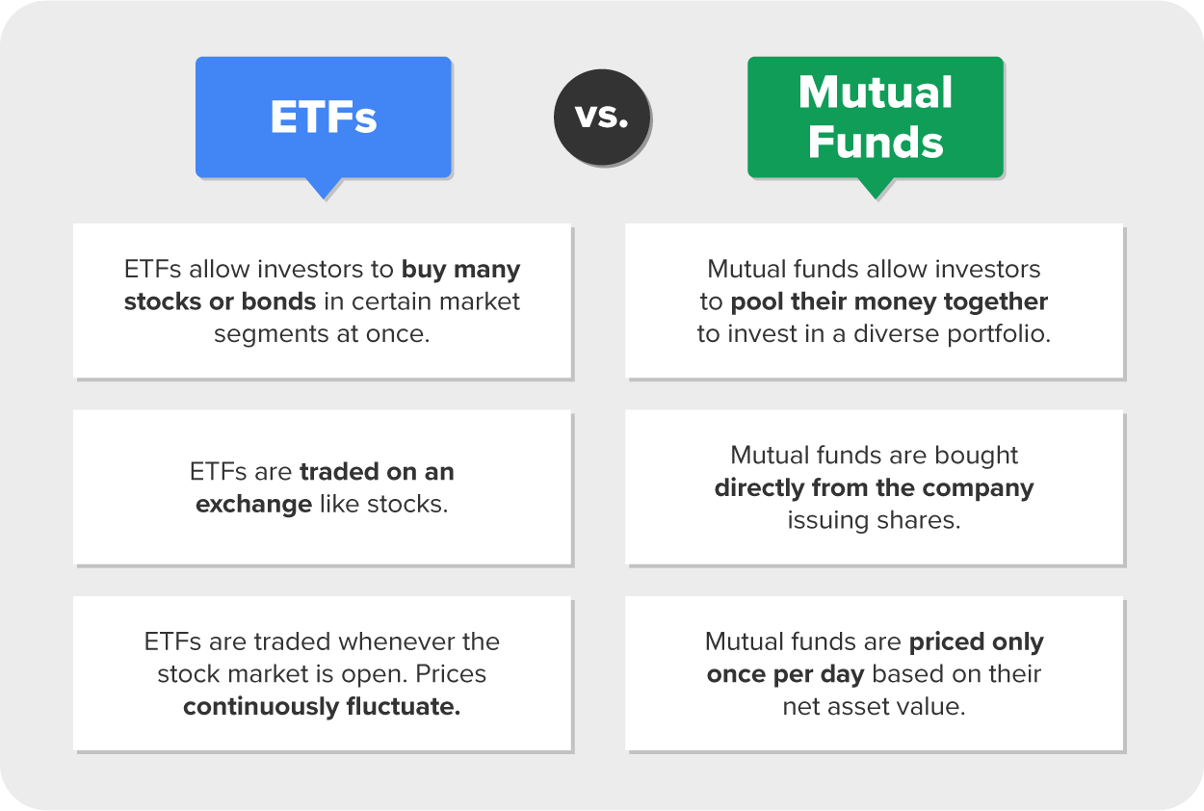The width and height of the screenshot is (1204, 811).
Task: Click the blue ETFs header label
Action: point(324,118)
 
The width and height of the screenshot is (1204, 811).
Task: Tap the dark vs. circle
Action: point(601,117)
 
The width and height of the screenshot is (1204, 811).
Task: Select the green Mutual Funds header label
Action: point(876,118)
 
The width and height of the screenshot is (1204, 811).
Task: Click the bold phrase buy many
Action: point(460,269)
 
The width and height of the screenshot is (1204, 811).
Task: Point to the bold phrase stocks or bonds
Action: point(220,301)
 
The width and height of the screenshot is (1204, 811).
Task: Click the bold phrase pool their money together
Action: point(889,301)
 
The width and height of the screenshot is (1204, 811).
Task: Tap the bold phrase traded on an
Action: point(377,472)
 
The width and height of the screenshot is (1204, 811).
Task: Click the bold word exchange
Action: point(253,505)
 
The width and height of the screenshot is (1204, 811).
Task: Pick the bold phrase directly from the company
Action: point(874,487)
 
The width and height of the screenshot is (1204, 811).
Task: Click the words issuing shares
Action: point(875,520)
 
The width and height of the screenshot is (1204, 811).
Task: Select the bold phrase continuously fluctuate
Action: point(322,707)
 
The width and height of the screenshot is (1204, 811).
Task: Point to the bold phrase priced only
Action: point(976,641)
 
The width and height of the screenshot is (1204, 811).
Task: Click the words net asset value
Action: point(874,707)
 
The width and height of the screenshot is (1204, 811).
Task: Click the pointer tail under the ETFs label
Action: point(324,188)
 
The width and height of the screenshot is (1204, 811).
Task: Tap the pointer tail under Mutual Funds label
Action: point(876,189)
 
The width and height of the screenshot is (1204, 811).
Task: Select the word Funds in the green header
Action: point(876,142)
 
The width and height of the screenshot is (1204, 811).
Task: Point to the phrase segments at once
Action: point(321,334)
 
